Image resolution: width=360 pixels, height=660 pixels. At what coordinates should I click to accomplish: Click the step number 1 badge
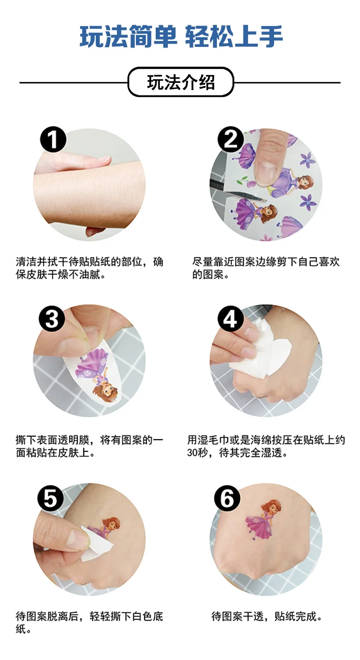(x=53, y=140)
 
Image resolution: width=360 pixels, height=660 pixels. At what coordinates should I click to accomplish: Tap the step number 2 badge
(x=230, y=140)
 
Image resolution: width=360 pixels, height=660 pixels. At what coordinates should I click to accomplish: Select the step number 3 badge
(x=52, y=318)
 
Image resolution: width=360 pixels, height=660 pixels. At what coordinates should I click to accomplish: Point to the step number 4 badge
(x=230, y=318)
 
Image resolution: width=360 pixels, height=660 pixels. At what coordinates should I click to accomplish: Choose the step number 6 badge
(x=227, y=498)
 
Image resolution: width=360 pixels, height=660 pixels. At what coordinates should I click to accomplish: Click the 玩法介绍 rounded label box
(x=180, y=82)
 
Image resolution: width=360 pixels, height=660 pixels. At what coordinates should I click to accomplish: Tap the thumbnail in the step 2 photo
(x=266, y=173)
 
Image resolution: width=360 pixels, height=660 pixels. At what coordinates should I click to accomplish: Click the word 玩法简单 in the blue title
(x=128, y=36)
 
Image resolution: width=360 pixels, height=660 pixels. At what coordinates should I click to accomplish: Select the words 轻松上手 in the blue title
(x=234, y=36)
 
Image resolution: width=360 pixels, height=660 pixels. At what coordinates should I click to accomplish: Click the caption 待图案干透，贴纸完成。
(x=267, y=616)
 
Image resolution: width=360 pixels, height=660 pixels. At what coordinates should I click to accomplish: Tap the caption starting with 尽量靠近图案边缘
(x=266, y=268)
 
